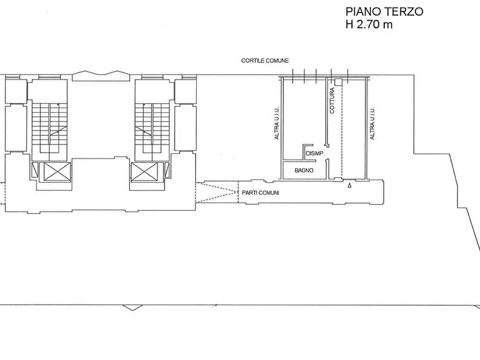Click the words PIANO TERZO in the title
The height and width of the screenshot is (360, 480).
[x=384, y=11]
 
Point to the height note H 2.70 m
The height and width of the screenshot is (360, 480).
[x=369, y=24]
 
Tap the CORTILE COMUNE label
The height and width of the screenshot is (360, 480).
[x=264, y=61]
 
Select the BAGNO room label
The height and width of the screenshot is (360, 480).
[x=304, y=171]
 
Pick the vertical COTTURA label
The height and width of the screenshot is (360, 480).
[x=332, y=100]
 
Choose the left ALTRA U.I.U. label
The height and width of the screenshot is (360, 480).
[x=277, y=123]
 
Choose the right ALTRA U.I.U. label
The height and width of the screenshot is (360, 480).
[x=372, y=123]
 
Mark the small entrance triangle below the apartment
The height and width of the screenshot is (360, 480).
[x=350, y=186]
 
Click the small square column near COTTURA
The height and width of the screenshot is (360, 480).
[x=338, y=82]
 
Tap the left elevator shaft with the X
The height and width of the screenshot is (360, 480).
[x=55, y=172]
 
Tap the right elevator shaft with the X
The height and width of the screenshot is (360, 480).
[x=145, y=172]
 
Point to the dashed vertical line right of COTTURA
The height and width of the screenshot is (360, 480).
[x=341, y=129]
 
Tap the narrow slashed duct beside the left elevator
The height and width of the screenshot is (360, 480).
[x=35, y=171]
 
